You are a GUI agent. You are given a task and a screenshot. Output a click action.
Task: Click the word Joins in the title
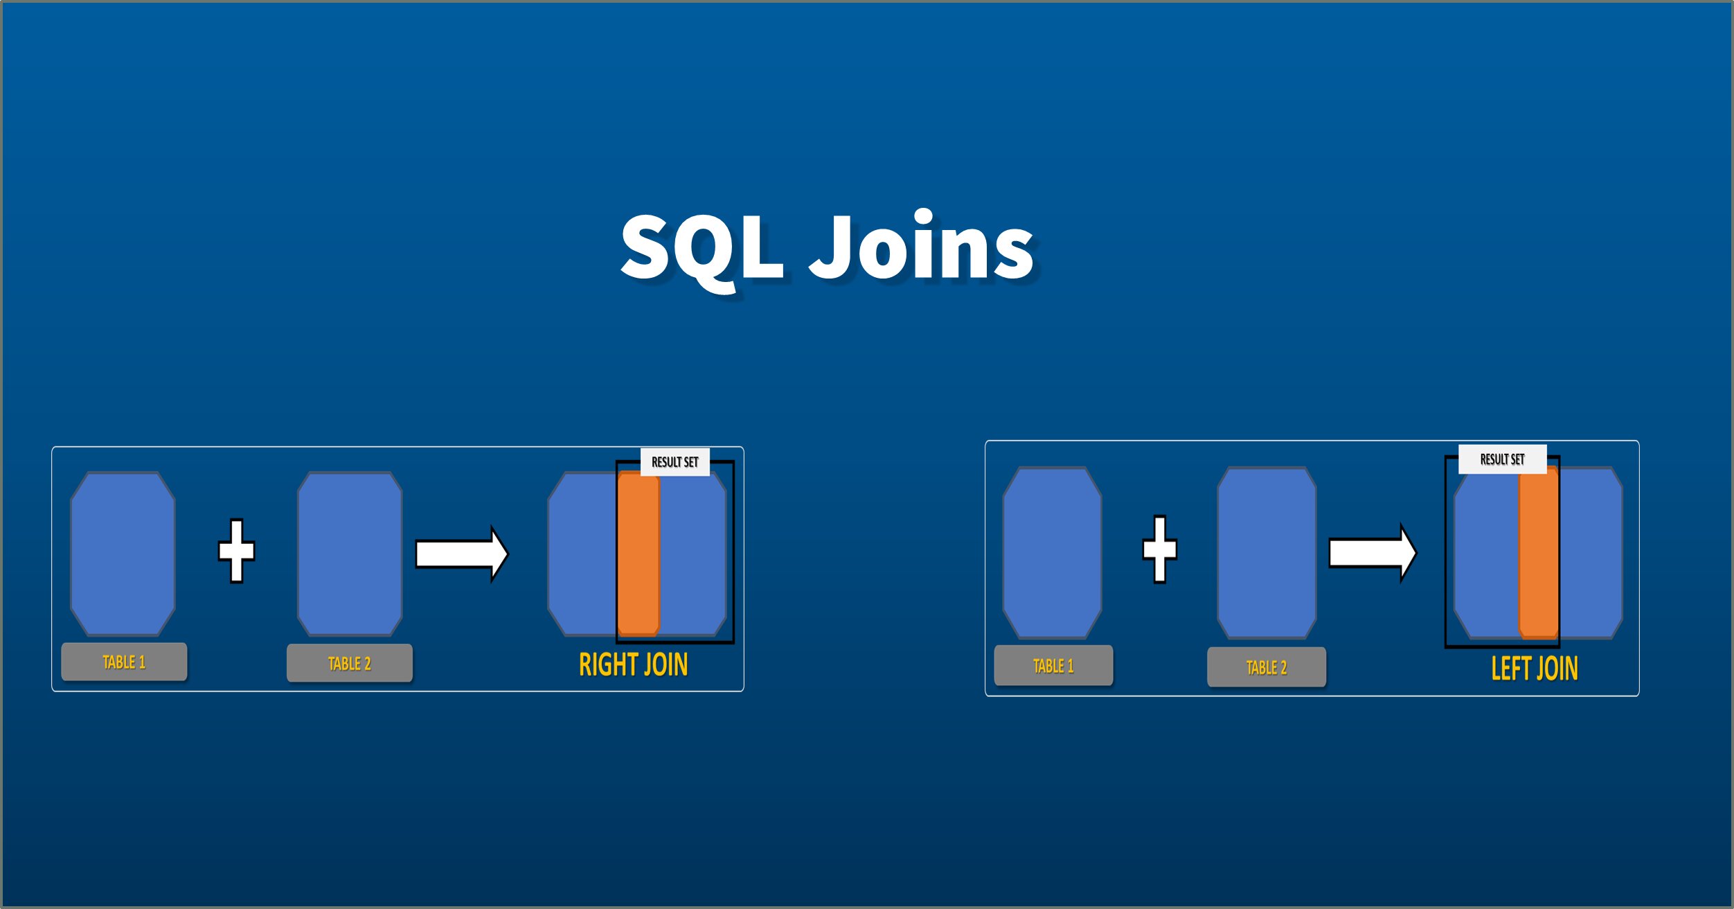point(921,247)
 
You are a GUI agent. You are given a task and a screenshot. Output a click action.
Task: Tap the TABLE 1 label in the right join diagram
point(124,662)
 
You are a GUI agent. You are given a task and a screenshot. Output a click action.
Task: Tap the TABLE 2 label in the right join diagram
point(350,663)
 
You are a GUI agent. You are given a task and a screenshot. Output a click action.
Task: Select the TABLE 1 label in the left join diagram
point(1053,666)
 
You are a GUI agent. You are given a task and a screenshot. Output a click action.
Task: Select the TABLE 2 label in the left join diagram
point(1267,667)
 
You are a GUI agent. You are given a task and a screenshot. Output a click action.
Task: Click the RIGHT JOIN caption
point(633,664)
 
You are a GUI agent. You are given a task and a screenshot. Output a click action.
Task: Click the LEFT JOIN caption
point(1535,669)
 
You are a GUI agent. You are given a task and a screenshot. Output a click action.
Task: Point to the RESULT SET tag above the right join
point(675,462)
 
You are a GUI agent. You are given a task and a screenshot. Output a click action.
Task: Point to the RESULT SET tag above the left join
point(1502,459)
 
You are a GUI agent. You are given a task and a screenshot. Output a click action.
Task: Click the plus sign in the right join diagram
point(237,551)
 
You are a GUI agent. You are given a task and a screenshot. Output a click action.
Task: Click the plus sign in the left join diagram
point(1160,549)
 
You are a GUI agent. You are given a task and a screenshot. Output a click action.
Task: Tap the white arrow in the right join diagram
point(461,554)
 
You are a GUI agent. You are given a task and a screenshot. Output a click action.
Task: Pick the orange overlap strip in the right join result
point(638,554)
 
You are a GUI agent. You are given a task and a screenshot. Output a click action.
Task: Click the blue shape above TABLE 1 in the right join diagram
point(123,554)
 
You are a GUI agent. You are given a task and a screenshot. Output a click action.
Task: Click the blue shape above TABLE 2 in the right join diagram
point(350,554)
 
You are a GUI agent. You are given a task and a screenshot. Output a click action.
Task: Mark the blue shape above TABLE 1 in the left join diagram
point(1052,552)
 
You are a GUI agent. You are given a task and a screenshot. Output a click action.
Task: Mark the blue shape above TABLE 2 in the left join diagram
point(1267,552)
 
